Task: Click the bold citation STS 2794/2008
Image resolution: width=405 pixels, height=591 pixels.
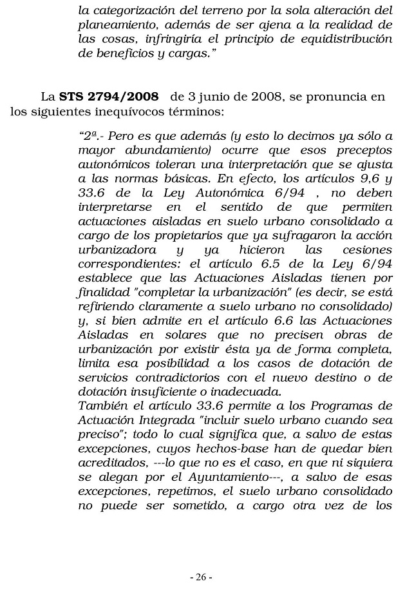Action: click(x=109, y=97)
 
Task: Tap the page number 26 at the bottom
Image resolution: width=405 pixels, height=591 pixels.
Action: click(x=202, y=576)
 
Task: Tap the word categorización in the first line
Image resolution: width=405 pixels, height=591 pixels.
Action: click(x=128, y=11)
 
